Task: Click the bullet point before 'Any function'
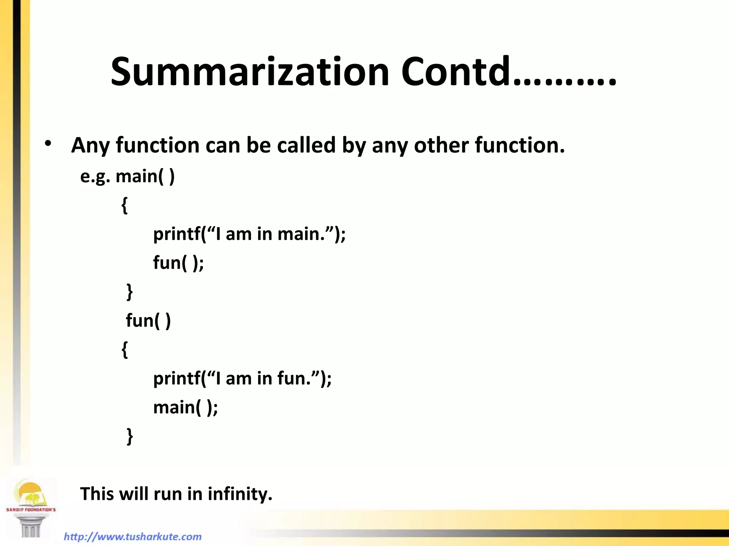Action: click(x=48, y=144)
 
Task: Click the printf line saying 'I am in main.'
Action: click(x=249, y=234)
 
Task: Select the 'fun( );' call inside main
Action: click(x=178, y=263)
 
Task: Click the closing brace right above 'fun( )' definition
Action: click(x=130, y=292)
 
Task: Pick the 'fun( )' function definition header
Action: click(x=148, y=321)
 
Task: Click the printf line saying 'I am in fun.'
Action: click(x=242, y=378)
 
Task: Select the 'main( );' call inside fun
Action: click(x=185, y=407)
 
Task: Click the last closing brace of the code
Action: click(x=130, y=436)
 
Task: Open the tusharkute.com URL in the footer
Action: click(x=133, y=536)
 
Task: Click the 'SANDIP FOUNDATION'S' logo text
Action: click(x=31, y=510)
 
